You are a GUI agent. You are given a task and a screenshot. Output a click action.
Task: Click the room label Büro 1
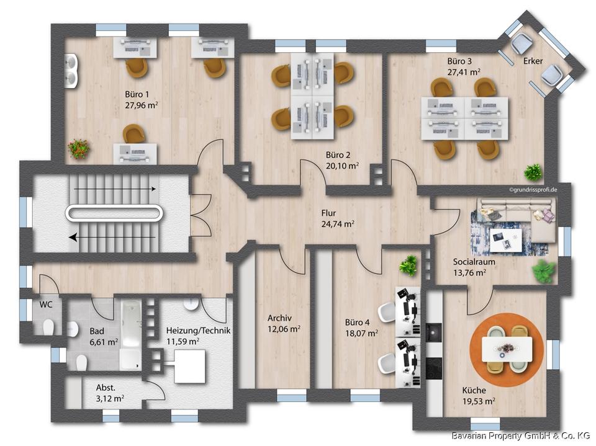tap(137, 94)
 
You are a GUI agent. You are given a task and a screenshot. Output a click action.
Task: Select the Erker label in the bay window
tap(533, 61)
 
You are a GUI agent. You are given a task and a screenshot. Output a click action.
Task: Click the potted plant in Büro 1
tap(79, 148)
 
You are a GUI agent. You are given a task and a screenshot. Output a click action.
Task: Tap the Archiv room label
tap(279, 318)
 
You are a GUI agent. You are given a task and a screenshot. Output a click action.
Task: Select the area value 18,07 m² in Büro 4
tap(361, 333)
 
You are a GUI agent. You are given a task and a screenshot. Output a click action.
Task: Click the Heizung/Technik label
tap(198, 331)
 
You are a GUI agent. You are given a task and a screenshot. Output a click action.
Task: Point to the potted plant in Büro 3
tap(533, 171)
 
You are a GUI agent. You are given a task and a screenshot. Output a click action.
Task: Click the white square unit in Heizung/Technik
tap(190, 367)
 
